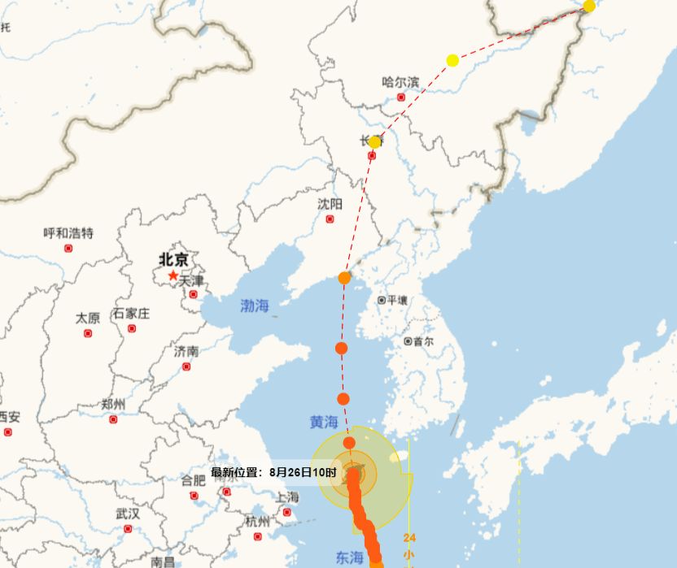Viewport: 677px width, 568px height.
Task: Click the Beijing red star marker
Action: (173, 275)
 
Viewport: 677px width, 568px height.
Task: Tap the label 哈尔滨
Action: (400, 81)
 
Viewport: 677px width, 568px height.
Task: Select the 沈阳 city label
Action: (330, 203)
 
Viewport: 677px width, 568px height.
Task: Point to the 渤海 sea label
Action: (254, 306)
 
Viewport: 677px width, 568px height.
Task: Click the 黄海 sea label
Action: (323, 423)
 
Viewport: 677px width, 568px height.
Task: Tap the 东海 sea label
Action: (350, 557)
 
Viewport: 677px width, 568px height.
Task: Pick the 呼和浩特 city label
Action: (68, 233)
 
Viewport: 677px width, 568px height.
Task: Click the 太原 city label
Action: (88, 318)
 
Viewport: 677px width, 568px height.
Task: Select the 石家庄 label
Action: (131, 314)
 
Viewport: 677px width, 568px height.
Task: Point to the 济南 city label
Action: (186, 352)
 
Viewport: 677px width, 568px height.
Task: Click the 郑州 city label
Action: (113, 405)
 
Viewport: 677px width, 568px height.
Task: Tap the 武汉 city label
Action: (127, 514)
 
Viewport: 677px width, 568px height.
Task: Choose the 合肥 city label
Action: (193, 480)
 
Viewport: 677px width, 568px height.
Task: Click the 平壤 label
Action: (396, 300)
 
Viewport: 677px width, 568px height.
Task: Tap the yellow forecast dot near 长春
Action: (374, 142)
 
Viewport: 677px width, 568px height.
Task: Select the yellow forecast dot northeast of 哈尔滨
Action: (452, 60)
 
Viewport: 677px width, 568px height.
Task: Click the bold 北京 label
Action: (173, 260)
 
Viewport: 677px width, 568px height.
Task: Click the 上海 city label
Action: (287, 497)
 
